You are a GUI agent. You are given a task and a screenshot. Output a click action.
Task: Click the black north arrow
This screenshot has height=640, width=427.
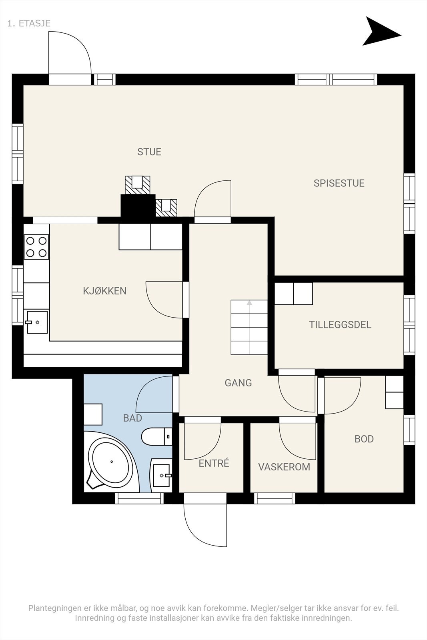379,32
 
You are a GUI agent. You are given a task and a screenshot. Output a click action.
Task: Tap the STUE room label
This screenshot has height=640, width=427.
149,152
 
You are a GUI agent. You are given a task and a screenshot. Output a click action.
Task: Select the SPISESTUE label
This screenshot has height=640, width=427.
339,183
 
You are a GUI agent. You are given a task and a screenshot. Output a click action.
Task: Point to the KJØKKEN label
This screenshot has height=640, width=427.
104,291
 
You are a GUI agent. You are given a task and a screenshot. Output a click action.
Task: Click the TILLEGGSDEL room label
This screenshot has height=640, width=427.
340,324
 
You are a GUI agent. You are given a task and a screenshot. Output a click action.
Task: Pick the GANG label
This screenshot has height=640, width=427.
238,383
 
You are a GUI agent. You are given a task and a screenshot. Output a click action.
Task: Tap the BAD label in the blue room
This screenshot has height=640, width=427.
132,418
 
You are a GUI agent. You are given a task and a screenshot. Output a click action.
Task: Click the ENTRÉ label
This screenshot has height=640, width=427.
214,463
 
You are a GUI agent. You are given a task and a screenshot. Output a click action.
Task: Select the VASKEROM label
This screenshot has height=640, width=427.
284,467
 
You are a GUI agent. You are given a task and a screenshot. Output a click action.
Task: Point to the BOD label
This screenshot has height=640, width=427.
364,439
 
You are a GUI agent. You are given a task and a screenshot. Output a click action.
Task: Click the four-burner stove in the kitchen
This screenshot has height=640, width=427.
36,247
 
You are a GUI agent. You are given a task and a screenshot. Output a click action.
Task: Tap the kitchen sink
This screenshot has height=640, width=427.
37,322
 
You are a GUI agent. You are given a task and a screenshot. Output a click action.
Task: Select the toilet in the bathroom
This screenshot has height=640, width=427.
156,436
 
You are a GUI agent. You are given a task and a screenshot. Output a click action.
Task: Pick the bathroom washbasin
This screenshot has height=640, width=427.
161,476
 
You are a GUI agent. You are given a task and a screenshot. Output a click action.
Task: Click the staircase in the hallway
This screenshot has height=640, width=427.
249,328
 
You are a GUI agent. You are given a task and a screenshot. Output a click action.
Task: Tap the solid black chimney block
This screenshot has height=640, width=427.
138,206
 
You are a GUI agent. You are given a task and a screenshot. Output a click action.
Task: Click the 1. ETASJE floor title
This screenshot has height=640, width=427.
29,24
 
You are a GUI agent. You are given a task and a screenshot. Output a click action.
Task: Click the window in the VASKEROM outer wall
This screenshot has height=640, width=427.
275,498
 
